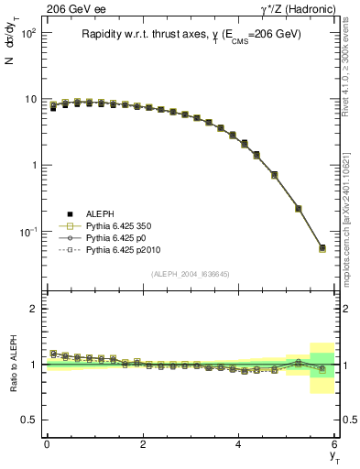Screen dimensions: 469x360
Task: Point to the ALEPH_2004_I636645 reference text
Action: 191,274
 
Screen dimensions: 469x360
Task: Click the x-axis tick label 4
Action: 239,446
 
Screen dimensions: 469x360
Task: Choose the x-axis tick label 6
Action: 335,446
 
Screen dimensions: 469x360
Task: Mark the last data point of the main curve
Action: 322,247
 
